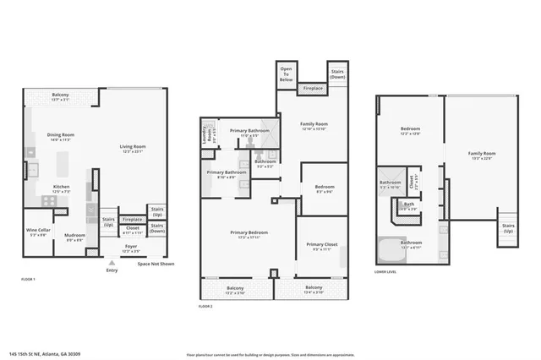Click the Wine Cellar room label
[x=37, y=232]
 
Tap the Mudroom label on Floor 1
[x=75, y=237]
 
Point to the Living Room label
[x=133, y=148]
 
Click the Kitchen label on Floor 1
[x=62, y=188]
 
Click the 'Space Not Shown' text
[x=156, y=264]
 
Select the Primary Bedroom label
[x=247, y=234]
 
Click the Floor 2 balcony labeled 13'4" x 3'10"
[x=314, y=290]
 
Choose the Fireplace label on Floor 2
[x=312, y=88]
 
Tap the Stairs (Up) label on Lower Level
[x=508, y=227]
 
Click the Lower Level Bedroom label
[x=410, y=131]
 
